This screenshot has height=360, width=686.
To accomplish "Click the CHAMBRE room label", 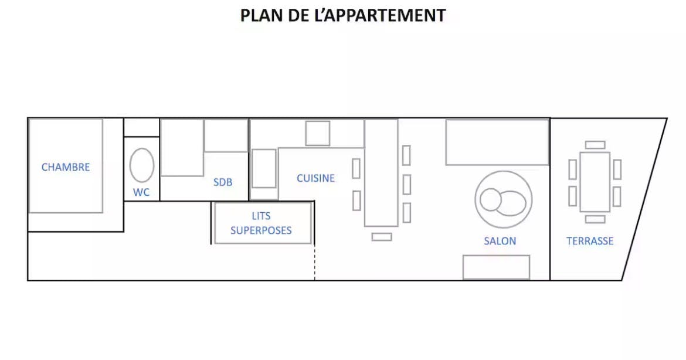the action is [66, 167].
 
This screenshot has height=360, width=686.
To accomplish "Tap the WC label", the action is [141, 192].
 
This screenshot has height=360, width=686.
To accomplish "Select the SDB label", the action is [223, 182].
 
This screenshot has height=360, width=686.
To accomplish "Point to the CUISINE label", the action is [315, 178].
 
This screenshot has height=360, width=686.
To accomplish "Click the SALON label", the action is [500, 241].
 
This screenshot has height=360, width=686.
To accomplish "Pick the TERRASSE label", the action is [590, 241].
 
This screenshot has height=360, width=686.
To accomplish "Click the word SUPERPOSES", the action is [261, 230].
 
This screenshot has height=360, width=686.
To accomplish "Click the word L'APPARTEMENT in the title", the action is [380, 15].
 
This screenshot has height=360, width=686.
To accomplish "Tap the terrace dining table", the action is [595, 182].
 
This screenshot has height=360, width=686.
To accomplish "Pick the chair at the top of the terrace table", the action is [595, 145].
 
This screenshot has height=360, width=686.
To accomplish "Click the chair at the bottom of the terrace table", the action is [595, 219].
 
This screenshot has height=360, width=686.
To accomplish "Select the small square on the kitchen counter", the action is [318, 134].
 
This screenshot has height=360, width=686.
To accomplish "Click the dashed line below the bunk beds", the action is [314, 263].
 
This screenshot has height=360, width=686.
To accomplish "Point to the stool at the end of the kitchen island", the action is [382, 237].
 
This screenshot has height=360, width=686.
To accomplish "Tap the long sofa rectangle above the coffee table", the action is [497, 142].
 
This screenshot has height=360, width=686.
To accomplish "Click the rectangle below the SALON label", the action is [496, 267].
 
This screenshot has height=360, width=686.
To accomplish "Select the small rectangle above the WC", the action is [141, 128].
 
